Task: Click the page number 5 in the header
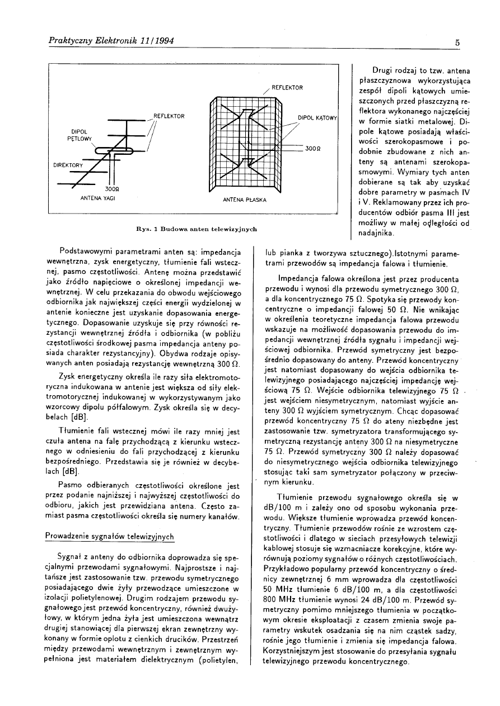pyautogui.click(x=457, y=42)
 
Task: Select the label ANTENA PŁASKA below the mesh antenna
pyautogui.click(x=244, y=200)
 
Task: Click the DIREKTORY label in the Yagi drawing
pyautogui.click(x=68, y=166)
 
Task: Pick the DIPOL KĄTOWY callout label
pyautogui.click(x=316, y=118)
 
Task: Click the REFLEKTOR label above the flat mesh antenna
pyautogui.click(x=287, y=88)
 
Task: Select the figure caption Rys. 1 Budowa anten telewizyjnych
pyautogui.click(x=192, y=229)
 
